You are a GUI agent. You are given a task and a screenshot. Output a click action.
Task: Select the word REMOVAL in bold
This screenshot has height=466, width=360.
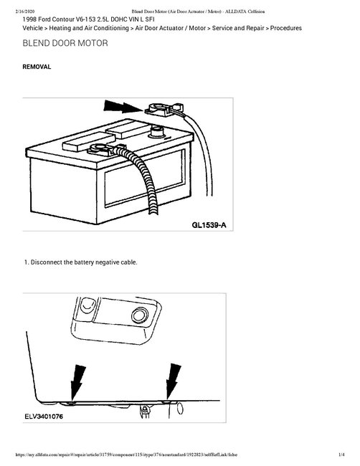click(37, 66)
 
